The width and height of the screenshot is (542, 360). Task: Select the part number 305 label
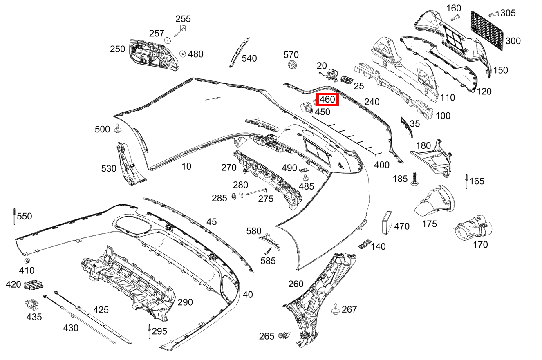508,13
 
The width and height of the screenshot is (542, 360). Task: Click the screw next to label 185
414,179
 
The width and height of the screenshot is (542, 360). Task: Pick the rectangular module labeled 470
387,222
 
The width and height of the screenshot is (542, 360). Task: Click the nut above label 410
27,261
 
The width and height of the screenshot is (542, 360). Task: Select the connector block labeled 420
34,285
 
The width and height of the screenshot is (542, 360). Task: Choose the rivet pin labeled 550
14,216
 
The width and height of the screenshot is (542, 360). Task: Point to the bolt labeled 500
118,128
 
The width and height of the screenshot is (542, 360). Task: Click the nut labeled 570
292,65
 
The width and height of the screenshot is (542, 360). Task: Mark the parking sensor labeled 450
306,107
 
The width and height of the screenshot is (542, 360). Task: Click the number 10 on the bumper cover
186,166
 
